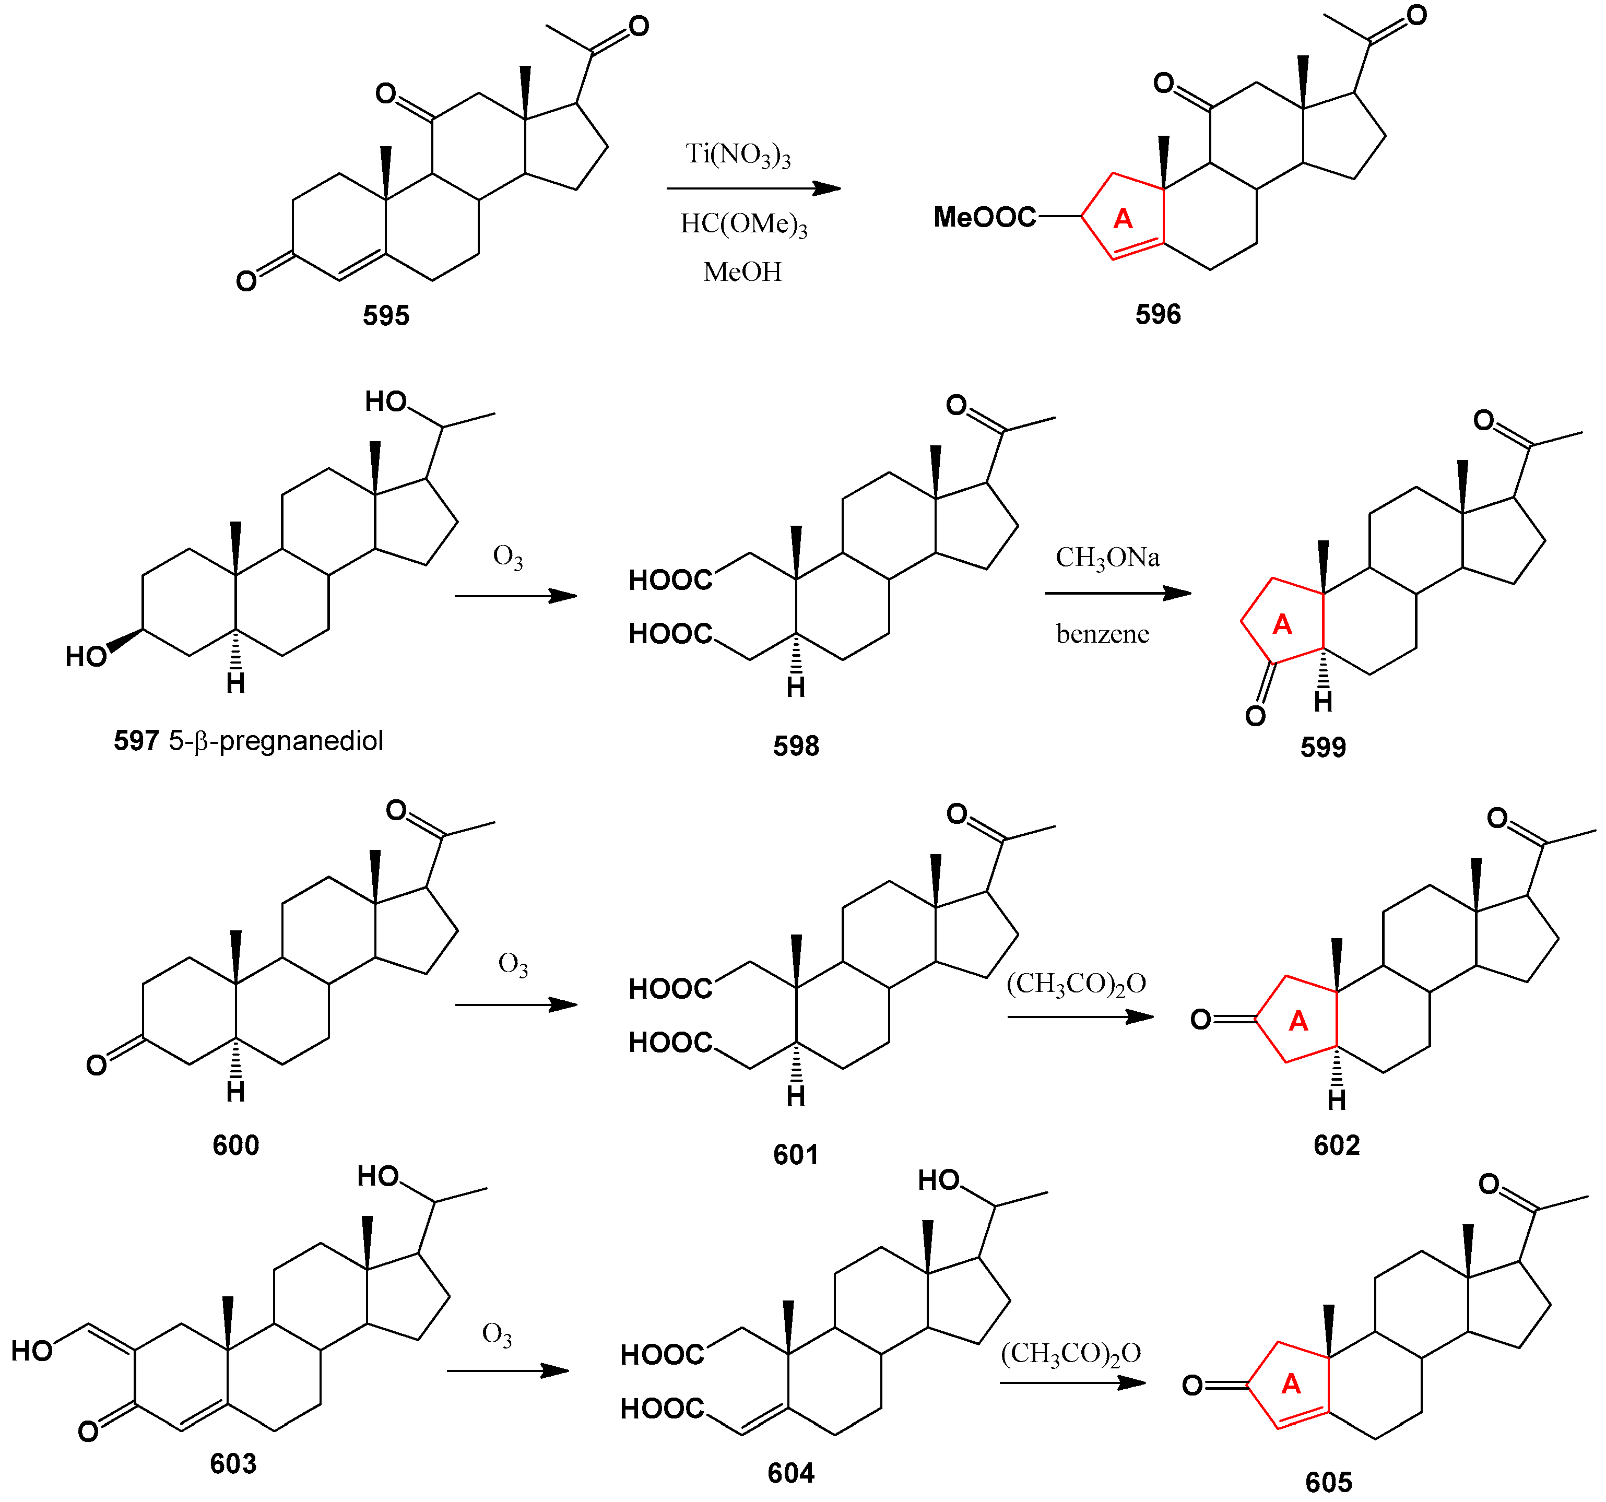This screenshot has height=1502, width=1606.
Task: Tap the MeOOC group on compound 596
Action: coord(984,217)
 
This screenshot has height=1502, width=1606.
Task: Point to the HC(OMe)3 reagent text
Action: coord(743,224)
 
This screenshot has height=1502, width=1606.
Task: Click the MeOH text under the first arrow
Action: coord(741,271)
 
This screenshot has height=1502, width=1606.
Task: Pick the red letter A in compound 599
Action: coord(1282,624)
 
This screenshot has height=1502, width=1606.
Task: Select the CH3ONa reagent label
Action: coord(1107,558)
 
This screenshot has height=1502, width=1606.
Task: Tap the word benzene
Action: coord(1102,634)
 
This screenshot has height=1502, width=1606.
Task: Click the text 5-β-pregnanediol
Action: coord(276,740)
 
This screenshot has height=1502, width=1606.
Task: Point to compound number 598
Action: coord(796,745)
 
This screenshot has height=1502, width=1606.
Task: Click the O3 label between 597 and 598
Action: coord(507,558)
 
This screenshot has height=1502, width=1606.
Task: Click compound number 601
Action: coord(796,1155)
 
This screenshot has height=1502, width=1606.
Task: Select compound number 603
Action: coord(233,1463)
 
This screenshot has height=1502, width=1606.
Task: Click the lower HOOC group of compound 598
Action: coord(670,633)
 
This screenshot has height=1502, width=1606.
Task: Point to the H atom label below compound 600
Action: coord(235,1092)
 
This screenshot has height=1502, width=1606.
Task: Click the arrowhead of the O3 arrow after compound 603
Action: coord(556,1371)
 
